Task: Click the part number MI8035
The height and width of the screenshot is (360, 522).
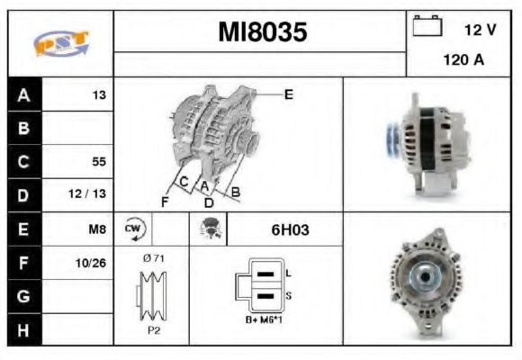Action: pyautogui.click(x=263, y=32)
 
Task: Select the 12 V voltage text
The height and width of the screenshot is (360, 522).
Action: pyautogui.click(x=481, y=30)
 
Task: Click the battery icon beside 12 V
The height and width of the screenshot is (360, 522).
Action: pyautogui.click(x=427, y=27)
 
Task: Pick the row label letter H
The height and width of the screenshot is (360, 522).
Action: pyautogui.click(x=23, y=329)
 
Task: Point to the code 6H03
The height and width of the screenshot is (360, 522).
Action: pyautogui.click(x=290, y=229)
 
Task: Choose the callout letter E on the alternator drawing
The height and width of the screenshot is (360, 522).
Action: pyautogui.click(x=288, y=93)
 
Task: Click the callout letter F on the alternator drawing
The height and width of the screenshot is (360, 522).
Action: pyautogui.click(x=165, y=202)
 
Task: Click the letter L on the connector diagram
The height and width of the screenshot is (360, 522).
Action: pyautogui.click(x=287, y=271)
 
